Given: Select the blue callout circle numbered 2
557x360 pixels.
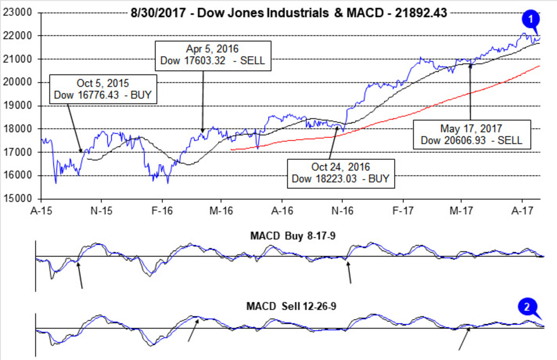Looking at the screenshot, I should (527, 307).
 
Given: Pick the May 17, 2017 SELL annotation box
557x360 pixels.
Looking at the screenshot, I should (471, 134).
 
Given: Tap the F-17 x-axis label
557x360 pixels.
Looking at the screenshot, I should (401, 210).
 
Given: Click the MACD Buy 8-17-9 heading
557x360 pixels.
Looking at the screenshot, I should (289, 236).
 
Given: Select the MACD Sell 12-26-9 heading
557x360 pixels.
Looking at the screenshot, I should (289, 308).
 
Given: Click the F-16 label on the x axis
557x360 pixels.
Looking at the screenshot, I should (162, 210).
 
